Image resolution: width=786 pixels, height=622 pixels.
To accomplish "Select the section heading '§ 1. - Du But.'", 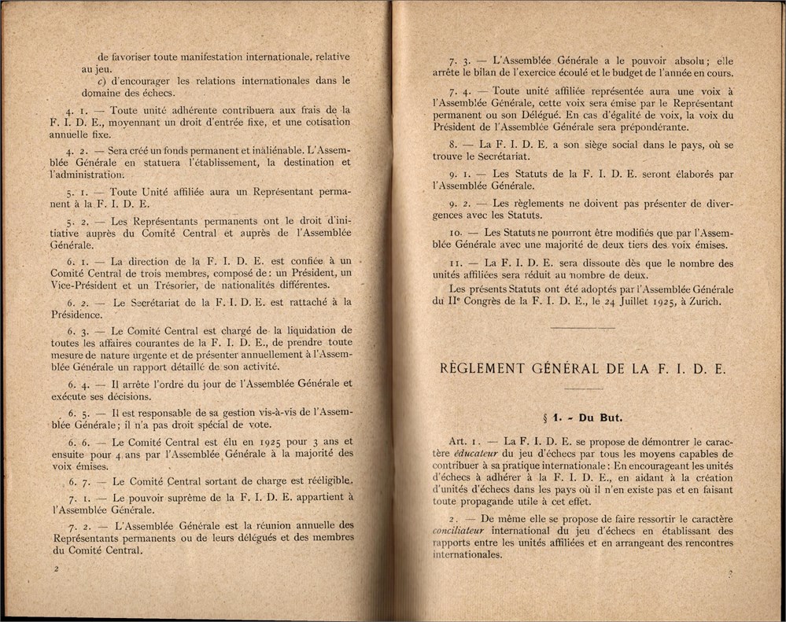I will tap(582, 418).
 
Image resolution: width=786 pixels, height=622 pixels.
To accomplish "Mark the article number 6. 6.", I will tap(77, 442).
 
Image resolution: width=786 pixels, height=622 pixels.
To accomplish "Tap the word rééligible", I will tap(322, 480).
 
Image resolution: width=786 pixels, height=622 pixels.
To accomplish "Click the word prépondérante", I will tap(650, 127).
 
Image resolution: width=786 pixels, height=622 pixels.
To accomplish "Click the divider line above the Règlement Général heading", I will tap(582, 326).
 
